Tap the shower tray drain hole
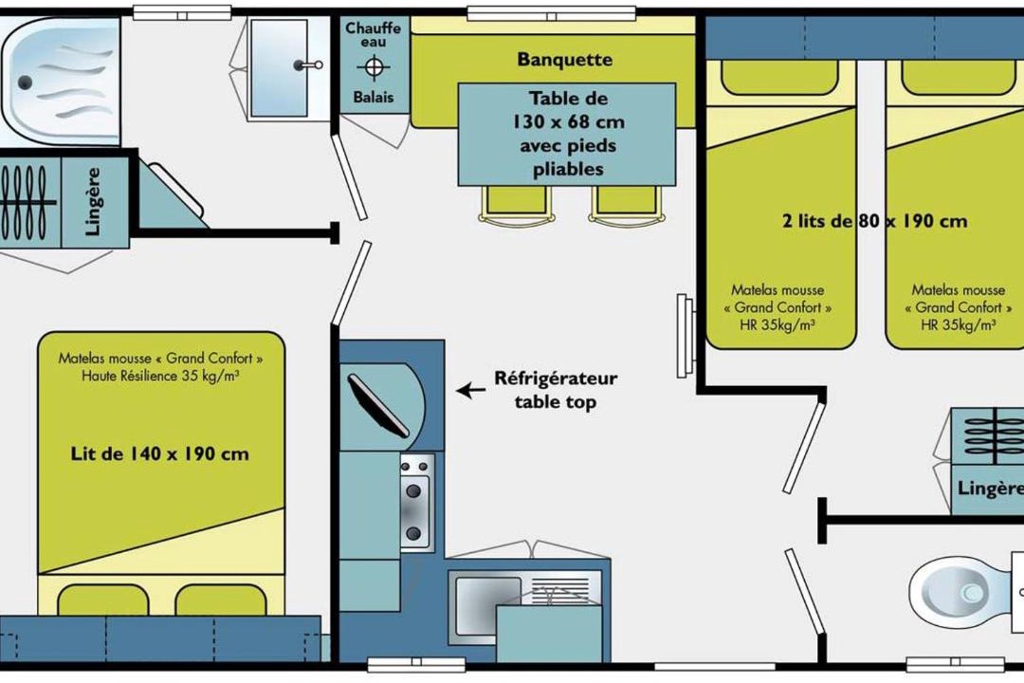[x=25, y=83]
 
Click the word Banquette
[x=565, y=60]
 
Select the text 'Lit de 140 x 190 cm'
[x=160, y=453]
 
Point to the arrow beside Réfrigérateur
[x=471, y=391]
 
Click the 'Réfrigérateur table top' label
[x=556, y=390]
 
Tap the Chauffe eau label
[x=373, y=35]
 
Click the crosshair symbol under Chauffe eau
[x=374, y=67]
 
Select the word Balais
[x=374, y=98]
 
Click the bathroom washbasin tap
[x=307, y=65]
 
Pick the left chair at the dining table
[x=516, y=205]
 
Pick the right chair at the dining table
[x=627, y=205]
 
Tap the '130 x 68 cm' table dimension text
[x=568, y=122]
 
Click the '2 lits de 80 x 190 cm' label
[x=874, y=221]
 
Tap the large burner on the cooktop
[x=413, y=490]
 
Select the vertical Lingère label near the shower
[x=93, y=202]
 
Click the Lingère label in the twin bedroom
[x=989, y=489]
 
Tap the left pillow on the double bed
[x=103, y=600]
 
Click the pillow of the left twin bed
[x=779, y=77]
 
